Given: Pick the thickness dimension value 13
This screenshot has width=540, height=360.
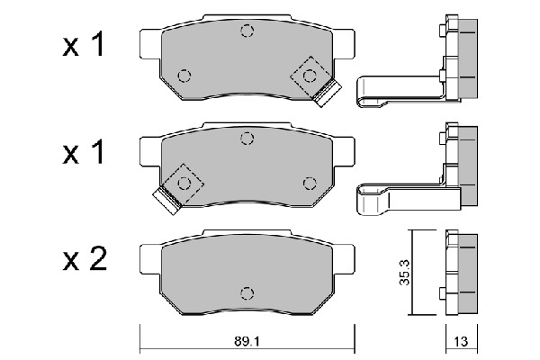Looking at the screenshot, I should pyautogui.click(x=461, y=343).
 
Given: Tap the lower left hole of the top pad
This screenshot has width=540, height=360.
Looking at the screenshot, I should pyautogui.click(x=184, y=75).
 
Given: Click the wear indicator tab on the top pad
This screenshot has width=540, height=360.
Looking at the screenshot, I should pyautogui.click(x=328, y=90).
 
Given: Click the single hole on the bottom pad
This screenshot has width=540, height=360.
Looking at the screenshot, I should pyautogui.click(x=247, y=290).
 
